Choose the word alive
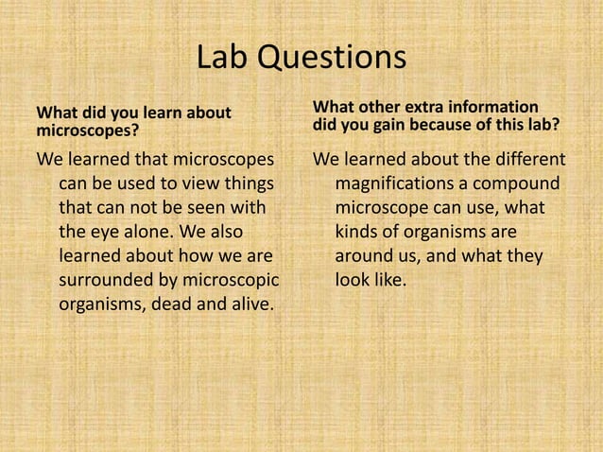[245, 305]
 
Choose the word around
[364, 256]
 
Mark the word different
[525, 158]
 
